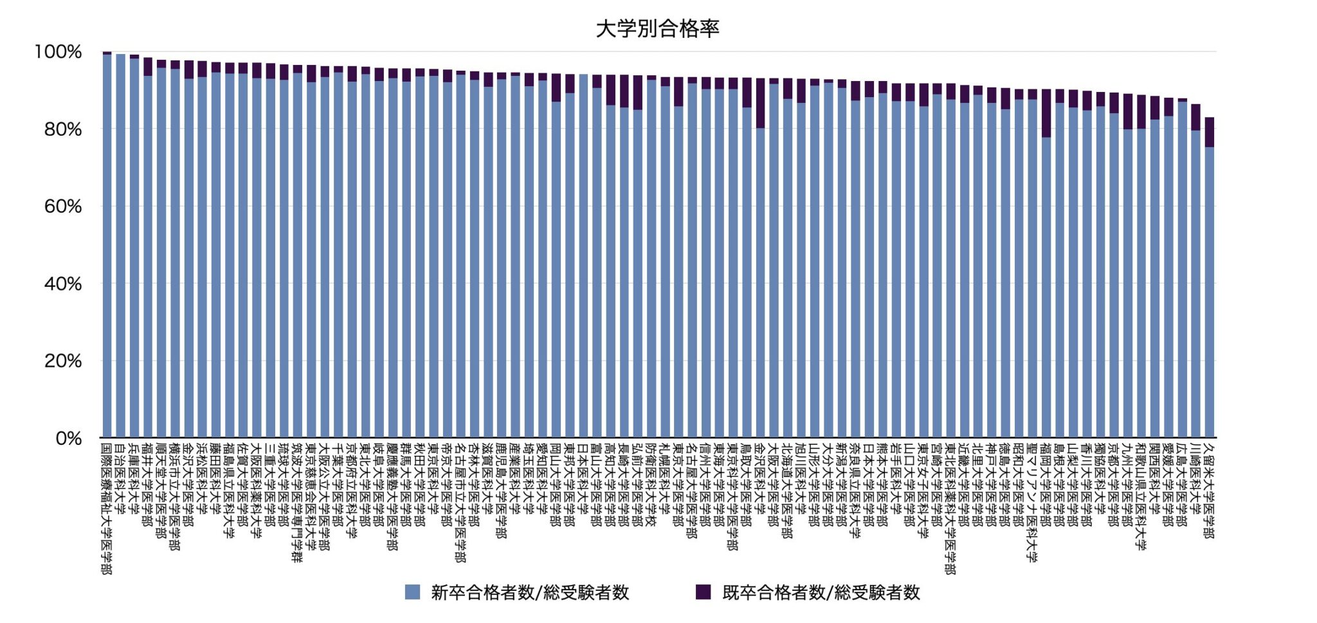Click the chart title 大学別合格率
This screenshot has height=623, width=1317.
tap(657, 29)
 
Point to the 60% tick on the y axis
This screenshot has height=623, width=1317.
tap(63, 206)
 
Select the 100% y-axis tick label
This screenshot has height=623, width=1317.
tap(58, 52)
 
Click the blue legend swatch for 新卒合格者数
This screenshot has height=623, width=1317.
tap(412, 592)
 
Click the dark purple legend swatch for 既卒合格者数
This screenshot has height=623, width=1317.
tap(704, 592)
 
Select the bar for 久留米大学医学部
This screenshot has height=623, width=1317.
tap(1209, 289)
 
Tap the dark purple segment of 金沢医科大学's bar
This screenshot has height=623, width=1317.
tap(760, 103)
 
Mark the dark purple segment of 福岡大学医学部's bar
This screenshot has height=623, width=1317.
tap(1046, 113)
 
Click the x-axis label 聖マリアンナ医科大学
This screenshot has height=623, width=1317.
tap(1031, 501)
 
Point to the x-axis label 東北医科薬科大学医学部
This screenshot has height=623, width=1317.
tap(950, 508)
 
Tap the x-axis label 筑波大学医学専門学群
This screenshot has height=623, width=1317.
tap(296, 501)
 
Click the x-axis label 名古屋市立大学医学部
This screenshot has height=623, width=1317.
tap(460, 501)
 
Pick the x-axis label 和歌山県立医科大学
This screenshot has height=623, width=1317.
tap(1141, 495)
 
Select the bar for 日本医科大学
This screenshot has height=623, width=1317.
tap(583, 257)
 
